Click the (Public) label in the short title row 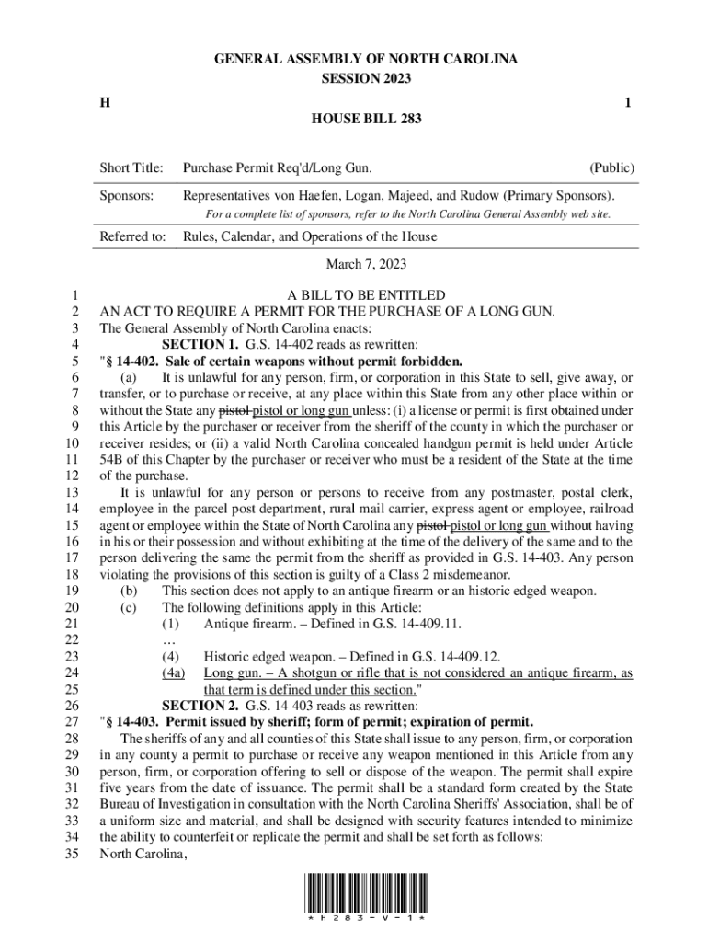pyautogui.click(x=611, y=168)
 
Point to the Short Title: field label pyautogui.click(x=131, y=168)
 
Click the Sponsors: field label pyautogui.click(x=127, y=196)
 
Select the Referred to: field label pyautogui.click(x=132, y=236)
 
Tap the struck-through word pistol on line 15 pyautogui.click(x=433, y=525)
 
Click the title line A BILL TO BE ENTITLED pyautogui.click(x=366, y=295)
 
